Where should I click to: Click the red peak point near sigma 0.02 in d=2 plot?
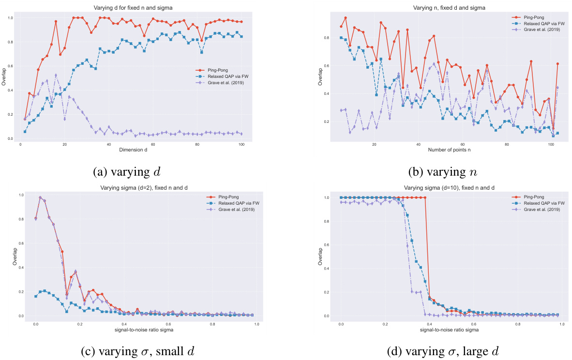click(40, 197)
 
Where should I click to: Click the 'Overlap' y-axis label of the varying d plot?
click(4, 77)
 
